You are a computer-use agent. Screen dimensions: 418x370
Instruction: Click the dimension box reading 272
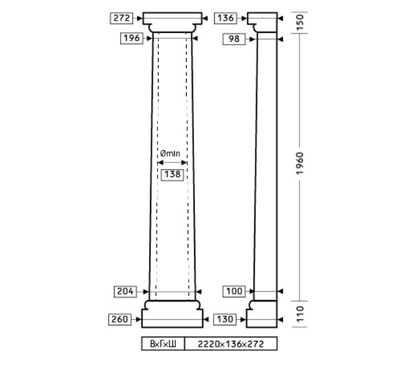tap(121, 18)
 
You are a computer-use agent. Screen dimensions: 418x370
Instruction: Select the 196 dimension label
tap(132, 38)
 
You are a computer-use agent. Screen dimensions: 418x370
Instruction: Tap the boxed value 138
tap(172, 174)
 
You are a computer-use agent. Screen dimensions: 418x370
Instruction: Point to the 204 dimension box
tap(125, 292)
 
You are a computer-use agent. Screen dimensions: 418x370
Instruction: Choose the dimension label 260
tap(120, 319)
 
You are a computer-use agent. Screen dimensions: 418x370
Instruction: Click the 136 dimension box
tap(226, 18)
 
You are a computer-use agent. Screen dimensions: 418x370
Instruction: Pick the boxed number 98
tap(234, 39)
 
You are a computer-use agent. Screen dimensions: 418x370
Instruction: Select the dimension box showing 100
tap(234, 291)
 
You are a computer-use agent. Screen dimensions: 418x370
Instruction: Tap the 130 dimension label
tap(225, 319)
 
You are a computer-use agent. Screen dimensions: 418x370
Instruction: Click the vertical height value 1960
tap(300, 164)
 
